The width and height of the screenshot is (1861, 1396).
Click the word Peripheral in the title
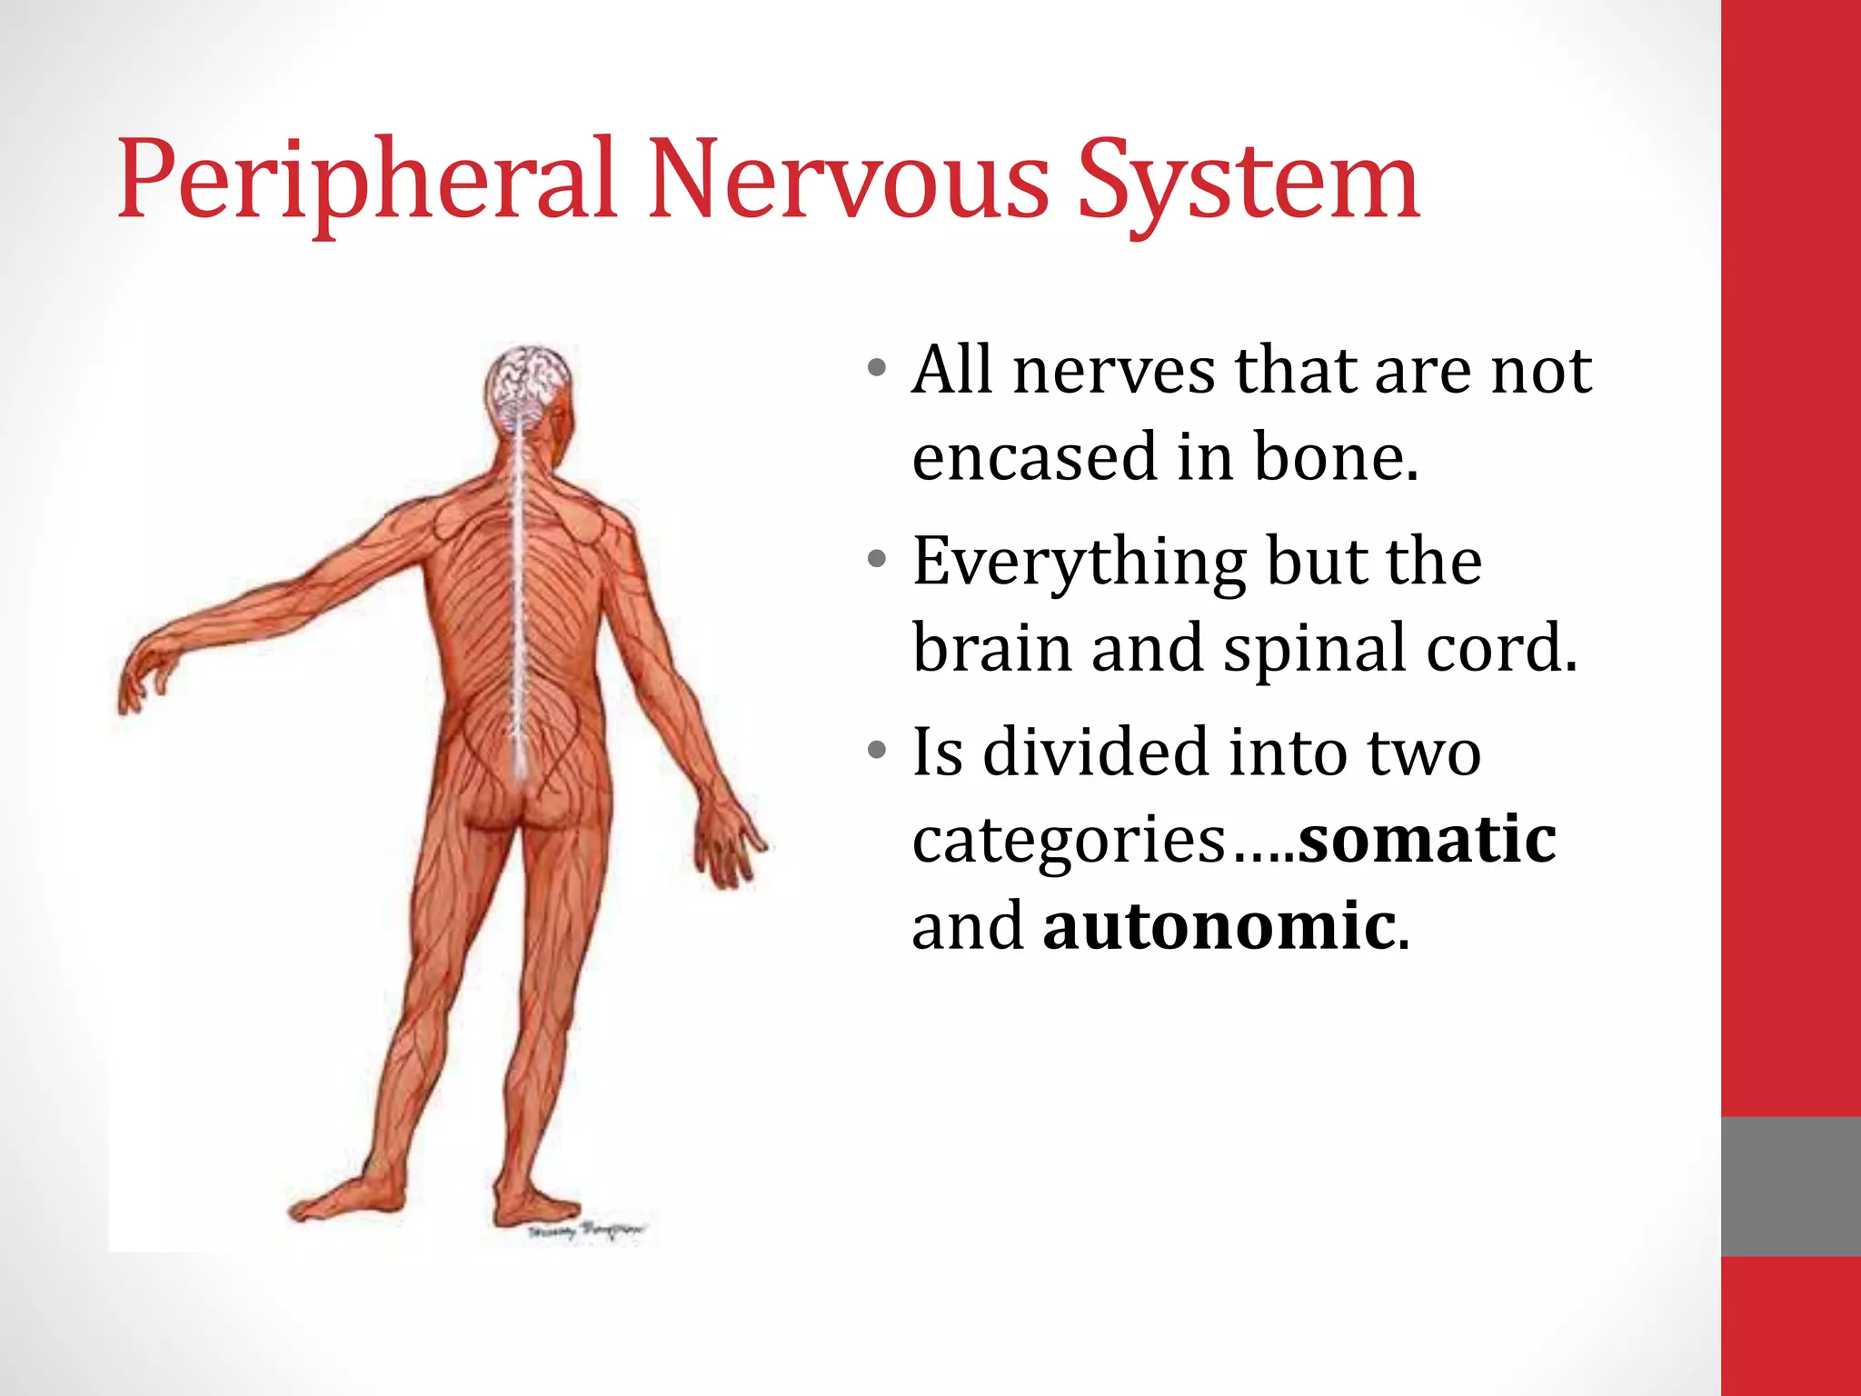pos(368,182)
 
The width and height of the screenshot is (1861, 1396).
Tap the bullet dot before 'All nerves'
pos(876,369)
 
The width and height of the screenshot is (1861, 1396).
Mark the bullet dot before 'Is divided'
pos(876,751)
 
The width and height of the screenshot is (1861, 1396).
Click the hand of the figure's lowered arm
pos(727,841)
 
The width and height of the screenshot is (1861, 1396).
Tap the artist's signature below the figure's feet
pos(585,1231)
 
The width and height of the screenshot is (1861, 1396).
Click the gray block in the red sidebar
pos(1790,1186)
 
